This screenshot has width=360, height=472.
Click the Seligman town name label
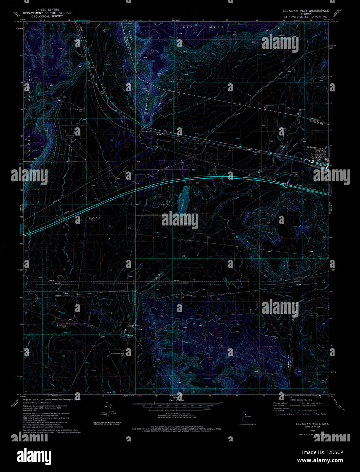[x=311, y=147]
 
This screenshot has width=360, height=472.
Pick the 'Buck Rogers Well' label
[x=118, y=353]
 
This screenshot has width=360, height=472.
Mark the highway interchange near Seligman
[x=289, y=184]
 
